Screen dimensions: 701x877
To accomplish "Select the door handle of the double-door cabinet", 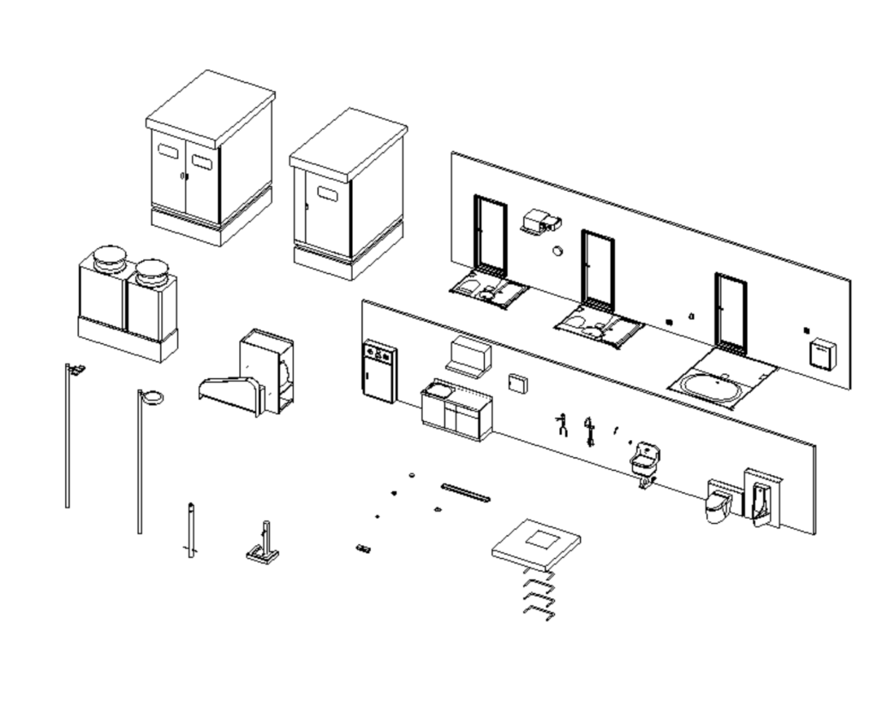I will coord(182,176).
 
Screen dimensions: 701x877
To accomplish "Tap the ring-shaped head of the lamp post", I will coord(152,396).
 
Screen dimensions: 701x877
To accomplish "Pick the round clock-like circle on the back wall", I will coord(557,252).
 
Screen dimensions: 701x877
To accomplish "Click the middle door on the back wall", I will coord(598,270).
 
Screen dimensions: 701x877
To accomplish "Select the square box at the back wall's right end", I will coord(823,353).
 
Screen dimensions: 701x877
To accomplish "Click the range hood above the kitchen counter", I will coord(468,357).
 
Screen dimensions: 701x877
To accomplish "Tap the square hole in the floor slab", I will coord(540,539).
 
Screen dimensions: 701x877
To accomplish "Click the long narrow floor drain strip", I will coord(465,491).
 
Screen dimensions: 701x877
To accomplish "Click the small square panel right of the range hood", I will coord(517,383).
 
